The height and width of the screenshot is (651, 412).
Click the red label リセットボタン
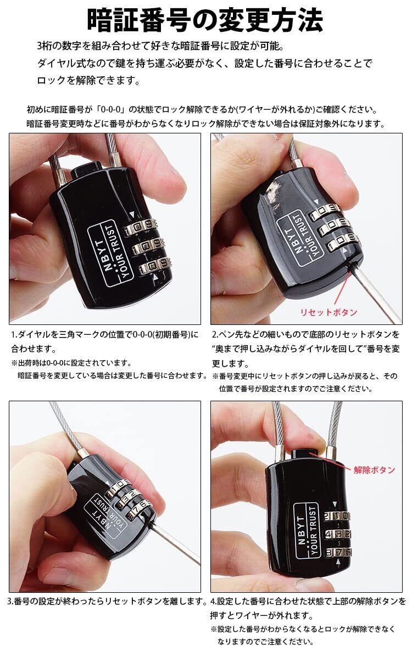(x=329, y=312)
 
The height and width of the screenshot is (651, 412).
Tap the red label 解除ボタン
(x=374, y=470)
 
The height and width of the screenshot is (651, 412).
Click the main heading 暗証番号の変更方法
(x=205, y=20)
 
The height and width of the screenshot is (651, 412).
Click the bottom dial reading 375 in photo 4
(x=339, y=553)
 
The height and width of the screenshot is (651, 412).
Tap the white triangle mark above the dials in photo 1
(x=132, y=214)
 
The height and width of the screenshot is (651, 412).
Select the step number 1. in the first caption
(x=14, y=335)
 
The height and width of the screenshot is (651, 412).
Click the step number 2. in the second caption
(x=215, y=335)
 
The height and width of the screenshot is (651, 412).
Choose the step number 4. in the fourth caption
(x=214, y=601)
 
